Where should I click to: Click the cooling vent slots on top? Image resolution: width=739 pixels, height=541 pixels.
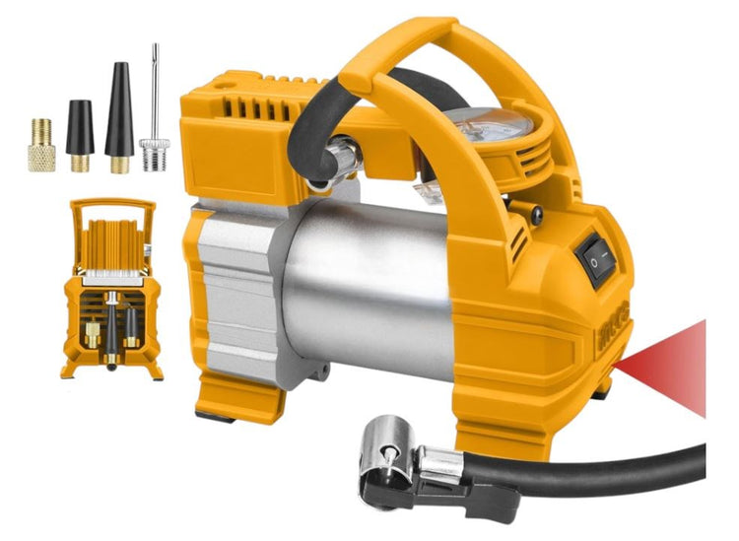[252, 109]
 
